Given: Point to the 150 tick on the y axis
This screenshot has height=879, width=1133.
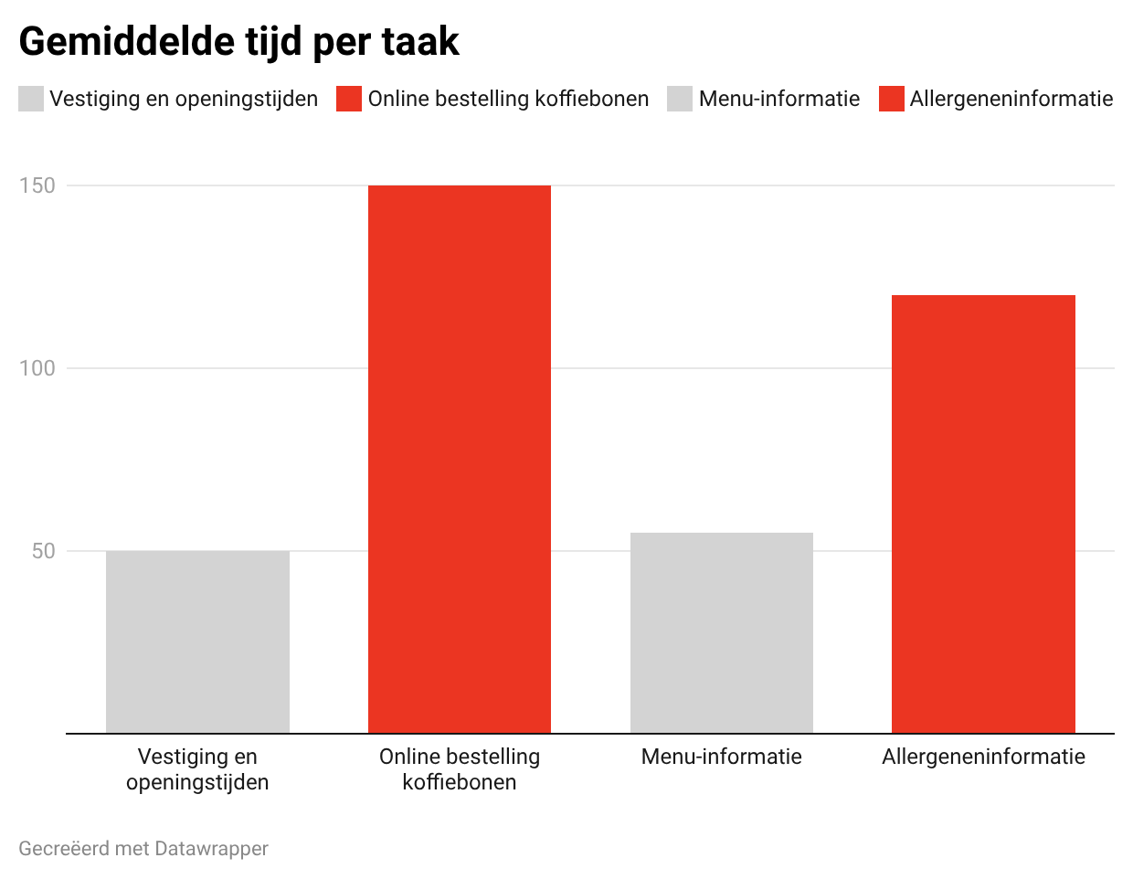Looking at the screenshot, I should coord(37,185).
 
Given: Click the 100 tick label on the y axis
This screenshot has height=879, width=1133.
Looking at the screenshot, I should coord(37,368).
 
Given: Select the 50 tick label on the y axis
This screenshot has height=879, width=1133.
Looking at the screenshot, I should coord(43,551).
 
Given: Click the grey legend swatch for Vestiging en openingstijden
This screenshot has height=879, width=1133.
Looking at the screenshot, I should coord(31,99).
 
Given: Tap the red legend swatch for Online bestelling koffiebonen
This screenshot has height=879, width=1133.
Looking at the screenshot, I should coord(349,99).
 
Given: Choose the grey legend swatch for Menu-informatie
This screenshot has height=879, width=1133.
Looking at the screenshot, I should coord(680,99).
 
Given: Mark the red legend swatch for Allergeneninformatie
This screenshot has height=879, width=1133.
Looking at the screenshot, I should coord(892,99).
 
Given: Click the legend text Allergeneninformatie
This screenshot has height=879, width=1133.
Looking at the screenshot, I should coord(1011,99).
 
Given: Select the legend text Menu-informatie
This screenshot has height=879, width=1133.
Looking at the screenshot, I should coord(779,99).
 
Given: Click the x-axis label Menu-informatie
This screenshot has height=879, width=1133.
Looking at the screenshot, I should coord(722,757).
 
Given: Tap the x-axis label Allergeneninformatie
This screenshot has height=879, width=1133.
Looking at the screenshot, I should coord(983,757).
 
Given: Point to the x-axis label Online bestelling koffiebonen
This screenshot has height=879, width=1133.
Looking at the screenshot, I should coord(460,769).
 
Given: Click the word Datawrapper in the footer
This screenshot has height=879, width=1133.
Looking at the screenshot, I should coord(211,849).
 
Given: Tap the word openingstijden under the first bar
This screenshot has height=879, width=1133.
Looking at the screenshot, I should coord(197,782).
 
